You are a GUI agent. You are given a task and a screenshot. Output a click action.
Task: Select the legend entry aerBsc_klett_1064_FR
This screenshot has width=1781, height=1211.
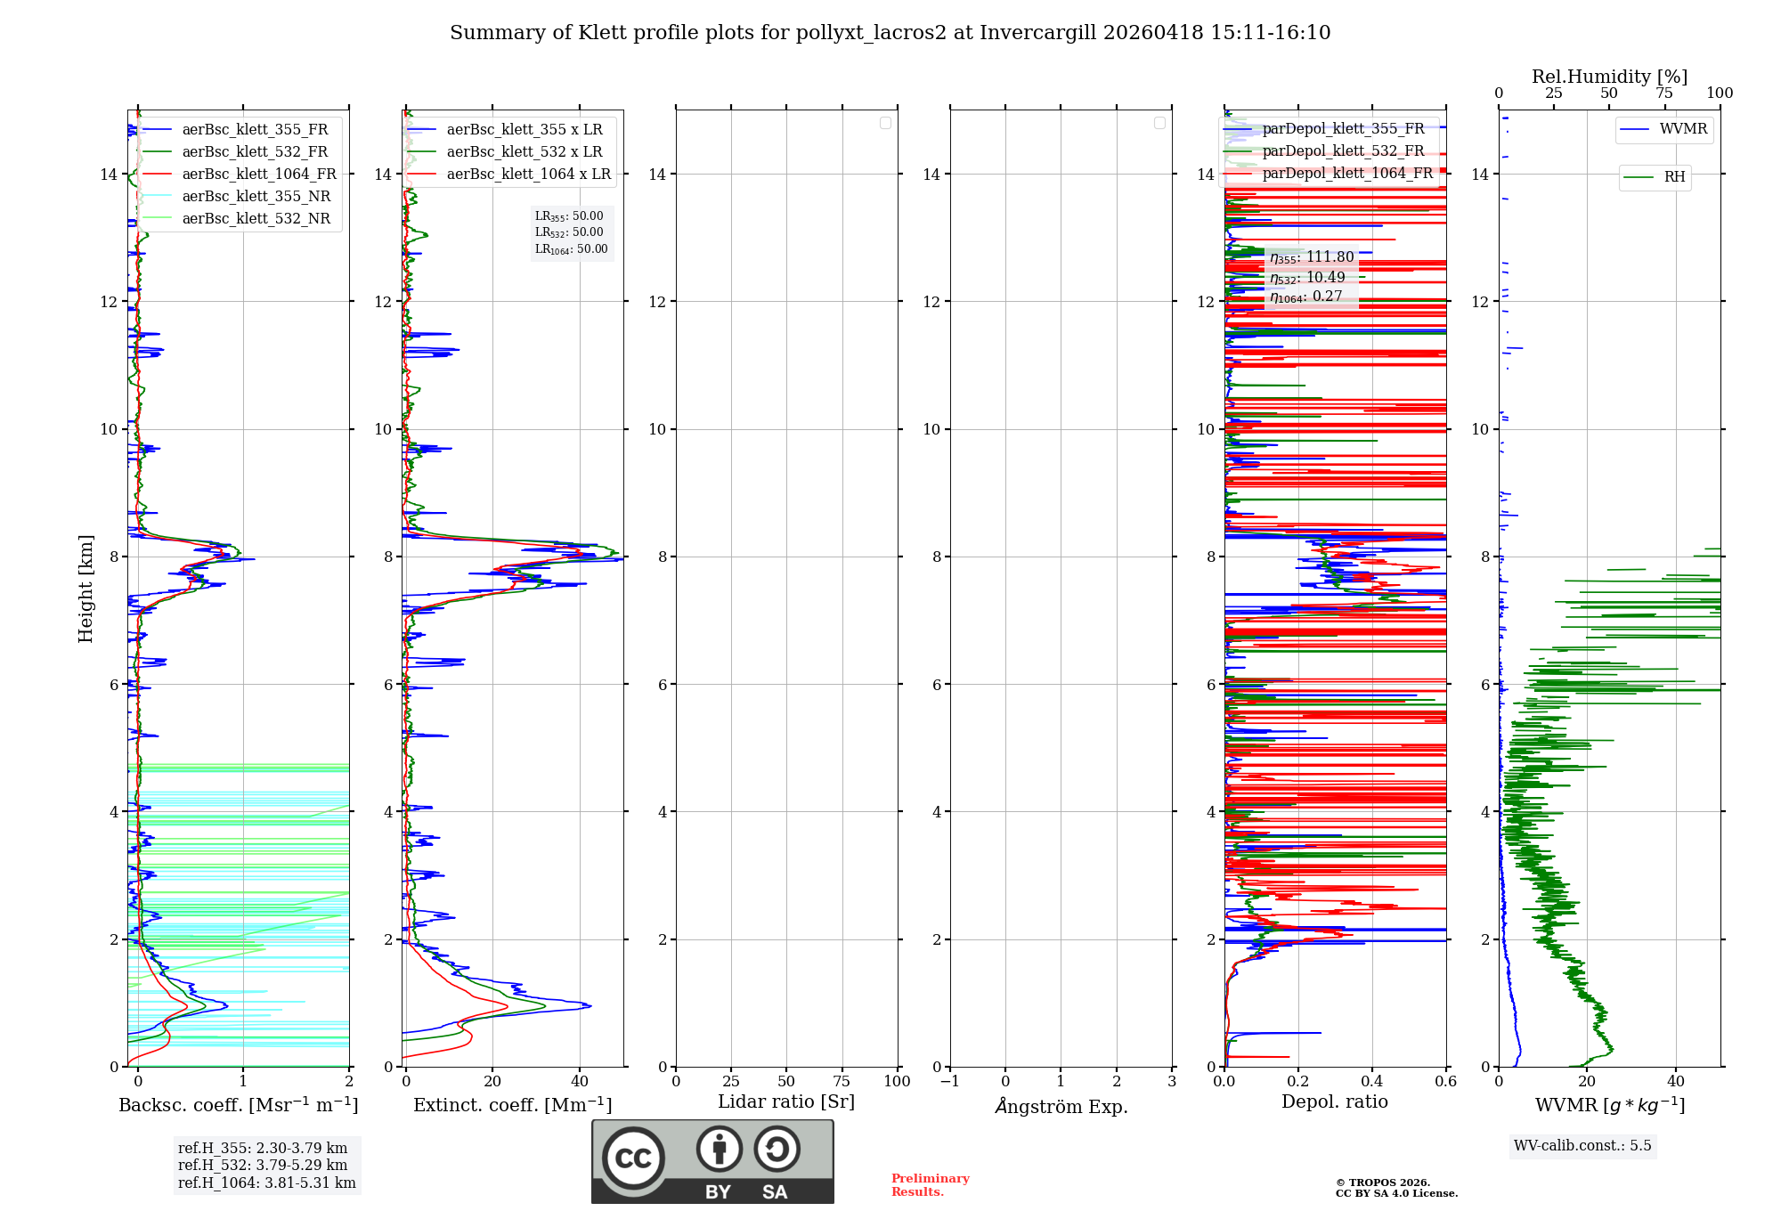click(258, 175)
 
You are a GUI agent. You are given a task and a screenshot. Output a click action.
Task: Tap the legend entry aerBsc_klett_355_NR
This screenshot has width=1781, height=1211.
click(256, 197)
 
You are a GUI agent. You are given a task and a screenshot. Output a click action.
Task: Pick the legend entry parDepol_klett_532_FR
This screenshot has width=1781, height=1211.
click(1342, 151)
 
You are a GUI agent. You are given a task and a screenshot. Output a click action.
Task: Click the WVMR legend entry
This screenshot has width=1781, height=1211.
click(1682, 129)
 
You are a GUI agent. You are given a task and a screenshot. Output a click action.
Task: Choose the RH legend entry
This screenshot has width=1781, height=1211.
click(1673, 177)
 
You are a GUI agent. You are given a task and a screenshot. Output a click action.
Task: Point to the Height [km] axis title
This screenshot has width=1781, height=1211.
click(85, 589)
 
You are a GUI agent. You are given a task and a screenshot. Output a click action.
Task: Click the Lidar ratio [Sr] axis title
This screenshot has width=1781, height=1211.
click(785, 1102)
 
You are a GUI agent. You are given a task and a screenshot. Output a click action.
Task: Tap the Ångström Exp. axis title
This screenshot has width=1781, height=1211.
click(1061, 1107)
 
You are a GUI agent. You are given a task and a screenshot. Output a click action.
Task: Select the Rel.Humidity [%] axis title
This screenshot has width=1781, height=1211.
click(1609, 77)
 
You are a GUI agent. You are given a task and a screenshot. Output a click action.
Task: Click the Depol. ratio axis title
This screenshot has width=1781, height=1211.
click(1334, 1102)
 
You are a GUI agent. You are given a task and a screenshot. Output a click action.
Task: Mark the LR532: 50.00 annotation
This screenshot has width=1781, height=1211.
click(569, 232)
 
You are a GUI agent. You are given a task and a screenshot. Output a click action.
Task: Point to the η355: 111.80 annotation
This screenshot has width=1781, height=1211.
click(1312, 257)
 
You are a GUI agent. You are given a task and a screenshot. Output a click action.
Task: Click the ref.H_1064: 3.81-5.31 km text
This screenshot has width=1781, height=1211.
click(266, 1183)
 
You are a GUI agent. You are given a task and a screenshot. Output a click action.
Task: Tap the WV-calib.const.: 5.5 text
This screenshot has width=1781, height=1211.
click(1582, 1146)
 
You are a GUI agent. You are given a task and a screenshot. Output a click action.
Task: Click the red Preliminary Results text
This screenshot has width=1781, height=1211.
click(930, 1185)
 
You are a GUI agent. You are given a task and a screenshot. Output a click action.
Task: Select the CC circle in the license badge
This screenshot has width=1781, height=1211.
click(633, 1158)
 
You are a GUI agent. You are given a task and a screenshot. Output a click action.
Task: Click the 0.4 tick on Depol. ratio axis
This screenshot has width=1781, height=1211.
click(1372, 1082)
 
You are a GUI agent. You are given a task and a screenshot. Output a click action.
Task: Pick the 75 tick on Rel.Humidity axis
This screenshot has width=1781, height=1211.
click(1663, 93)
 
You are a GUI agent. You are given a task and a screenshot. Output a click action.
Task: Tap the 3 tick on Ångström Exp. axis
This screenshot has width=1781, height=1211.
click(1172, 1082)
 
